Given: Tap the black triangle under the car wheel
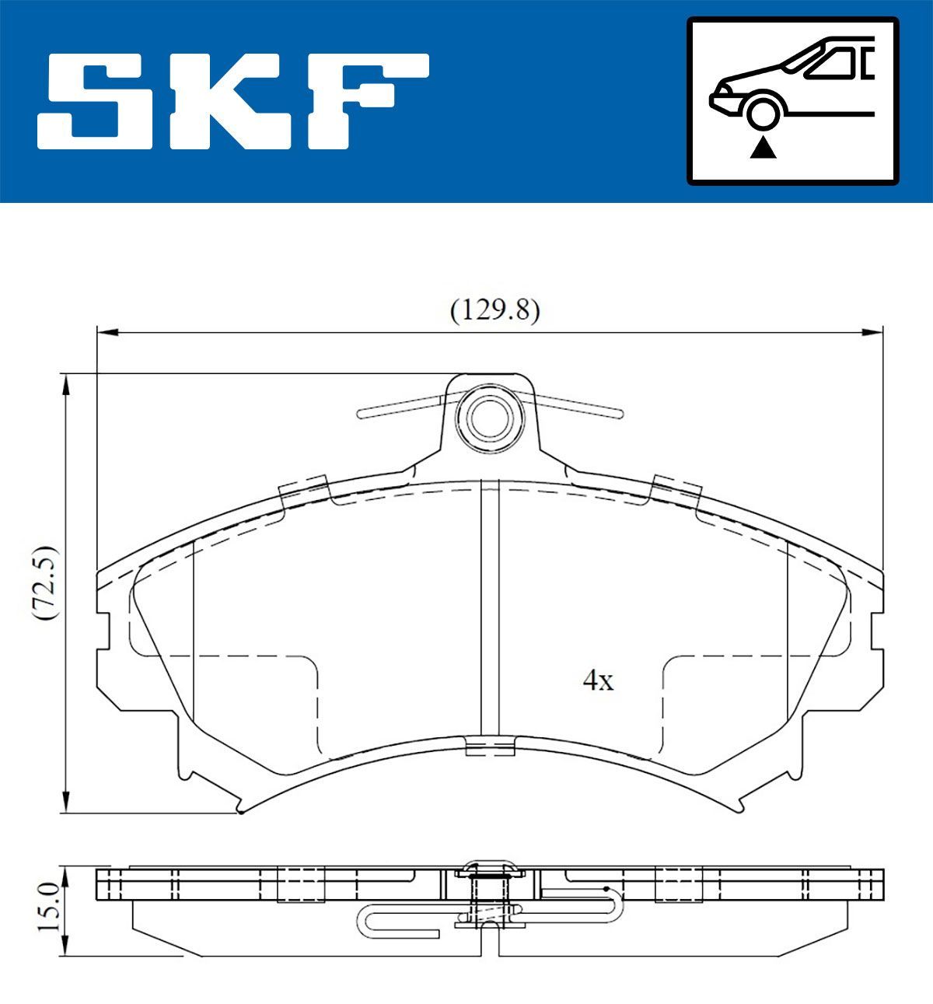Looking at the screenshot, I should tap(763, 147).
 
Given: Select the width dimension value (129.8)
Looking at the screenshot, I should tap(494, 310).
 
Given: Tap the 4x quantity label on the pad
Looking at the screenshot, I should tap(598, 681).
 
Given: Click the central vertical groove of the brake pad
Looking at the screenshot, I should tap(489, 607).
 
